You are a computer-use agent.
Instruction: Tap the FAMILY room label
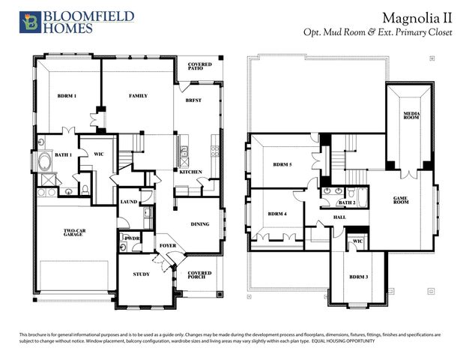pyautogui.click(x=138, y=96)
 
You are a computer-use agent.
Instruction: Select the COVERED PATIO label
pyautogui.click(x=200, y=67)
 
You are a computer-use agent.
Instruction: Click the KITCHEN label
pyautogui.click(x=190, y=172)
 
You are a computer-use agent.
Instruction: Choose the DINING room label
pyautogui.click(x=200, y=223)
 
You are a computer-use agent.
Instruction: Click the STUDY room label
pyautogui.click(x=141, y=274)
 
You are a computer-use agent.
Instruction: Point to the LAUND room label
pyautogui.click(x=129, y=201)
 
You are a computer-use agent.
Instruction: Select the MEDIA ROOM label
pyautogui.click(x=411, y=115)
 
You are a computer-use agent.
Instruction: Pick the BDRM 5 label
pyautogui.click(x=281, y=164)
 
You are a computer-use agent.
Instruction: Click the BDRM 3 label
pyautogui.click(x=358, y=277)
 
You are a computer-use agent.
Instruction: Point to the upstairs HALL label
pyautogui.click(x=339, y=218)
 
